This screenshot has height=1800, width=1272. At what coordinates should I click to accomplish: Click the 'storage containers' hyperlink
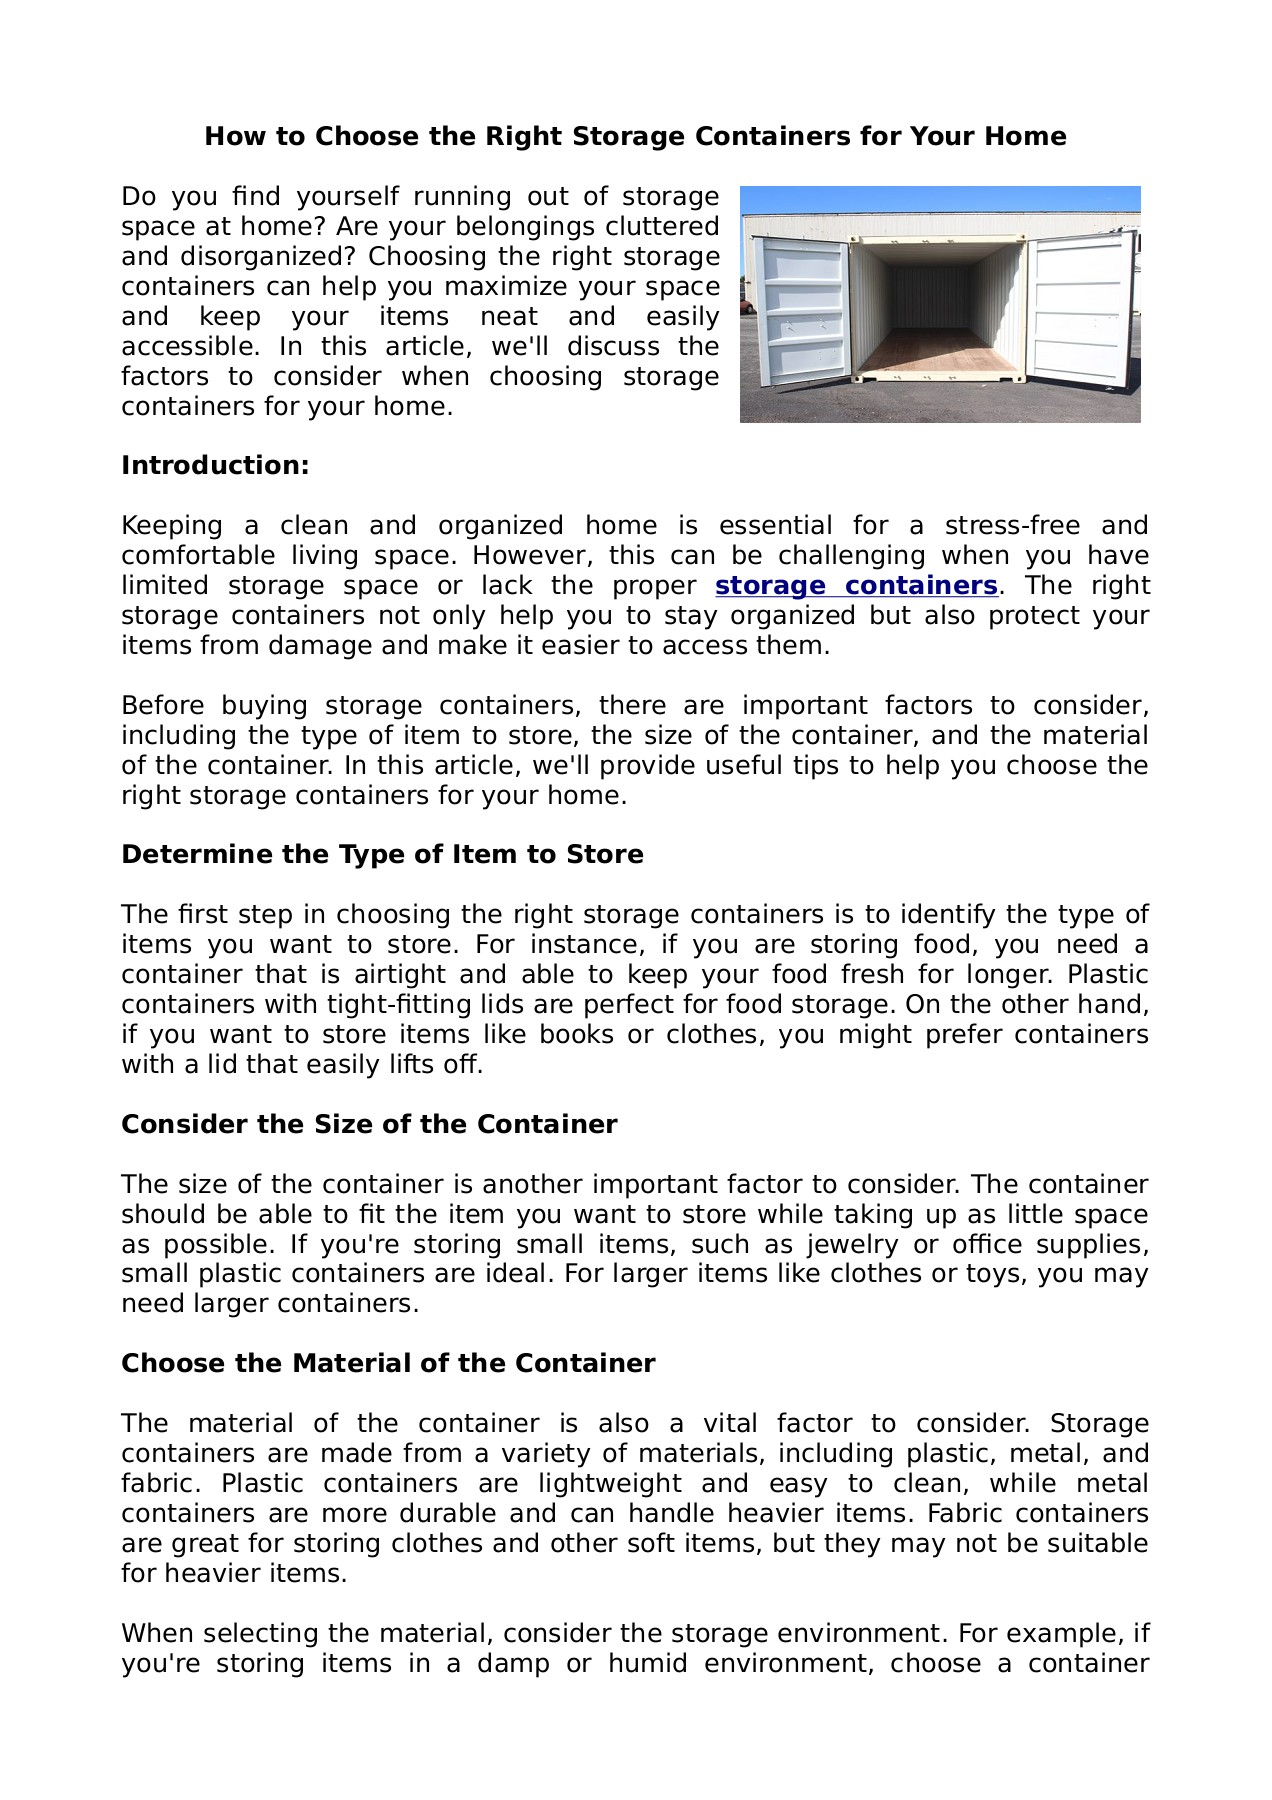(856, 586)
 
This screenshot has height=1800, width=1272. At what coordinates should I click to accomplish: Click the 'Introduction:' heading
(215, 466)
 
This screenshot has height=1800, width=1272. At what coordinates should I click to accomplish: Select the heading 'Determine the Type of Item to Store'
(382, 855)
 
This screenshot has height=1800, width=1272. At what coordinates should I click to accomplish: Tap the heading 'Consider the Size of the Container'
(369, 1125)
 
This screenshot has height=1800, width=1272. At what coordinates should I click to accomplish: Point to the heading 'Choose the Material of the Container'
(388, 1364)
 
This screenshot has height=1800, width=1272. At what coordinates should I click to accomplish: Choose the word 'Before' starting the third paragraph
(163, 706)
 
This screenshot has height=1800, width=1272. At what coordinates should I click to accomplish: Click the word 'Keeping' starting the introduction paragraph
(171, 526)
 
